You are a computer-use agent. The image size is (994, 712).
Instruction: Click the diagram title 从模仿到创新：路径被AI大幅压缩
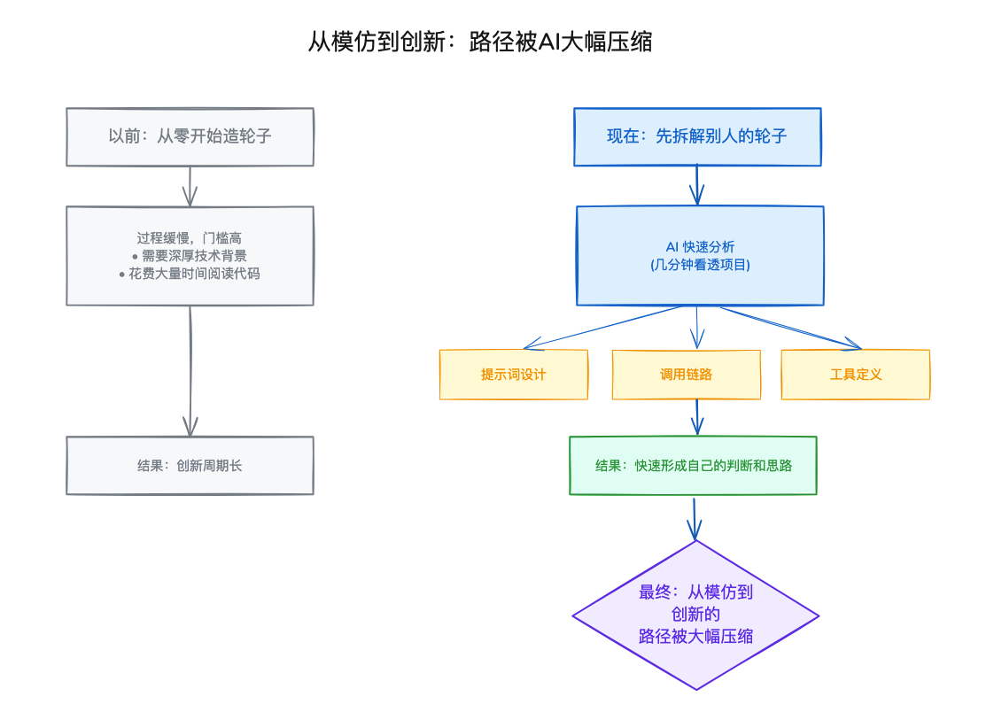coord(479,42)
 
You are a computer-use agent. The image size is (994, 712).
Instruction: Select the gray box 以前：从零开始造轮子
coord(190,136)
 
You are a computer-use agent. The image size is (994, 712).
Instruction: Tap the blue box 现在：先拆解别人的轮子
coord(697,136)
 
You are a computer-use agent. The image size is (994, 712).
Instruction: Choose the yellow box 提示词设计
coord(514,375)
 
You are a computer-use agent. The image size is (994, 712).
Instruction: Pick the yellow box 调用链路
coord(687,375)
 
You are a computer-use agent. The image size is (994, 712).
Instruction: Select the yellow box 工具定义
coord(856,375)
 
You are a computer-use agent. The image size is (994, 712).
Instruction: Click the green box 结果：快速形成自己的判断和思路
coord(693,466)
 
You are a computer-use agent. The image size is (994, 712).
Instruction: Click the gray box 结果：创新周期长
coord(190,466)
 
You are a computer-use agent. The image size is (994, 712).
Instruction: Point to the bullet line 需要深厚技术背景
coord(189,256)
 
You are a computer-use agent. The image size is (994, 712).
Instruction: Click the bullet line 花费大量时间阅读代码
coord(189,274)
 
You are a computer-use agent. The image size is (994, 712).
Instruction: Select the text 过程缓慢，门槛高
coord(189,237)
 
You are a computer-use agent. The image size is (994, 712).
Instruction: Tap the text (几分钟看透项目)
coord(700,265)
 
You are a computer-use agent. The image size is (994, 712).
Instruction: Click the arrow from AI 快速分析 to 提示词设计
coord(602,327)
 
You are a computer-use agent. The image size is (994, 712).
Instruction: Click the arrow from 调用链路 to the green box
coord(697,417)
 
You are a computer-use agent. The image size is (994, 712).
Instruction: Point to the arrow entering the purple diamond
coord(695,518)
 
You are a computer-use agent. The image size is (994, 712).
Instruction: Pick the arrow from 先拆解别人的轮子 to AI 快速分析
coord(697,185)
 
